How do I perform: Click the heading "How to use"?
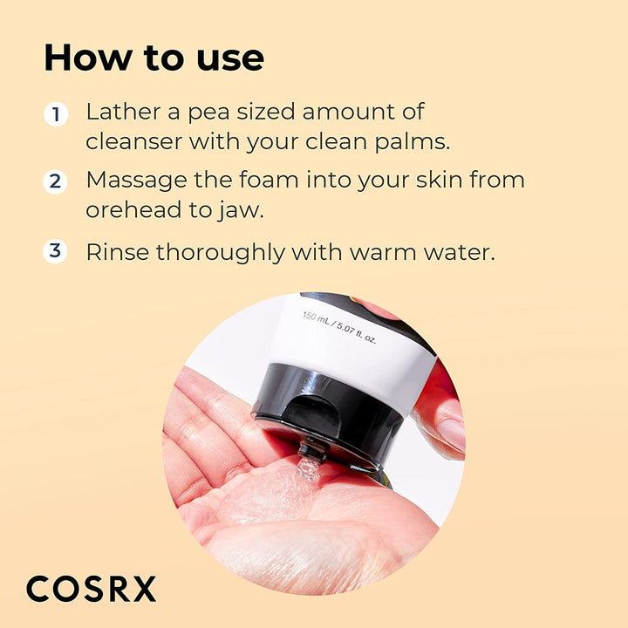click(x=154, y=58)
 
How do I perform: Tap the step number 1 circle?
click(x=57, y=114)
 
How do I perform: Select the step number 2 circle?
click(x=57, y=181)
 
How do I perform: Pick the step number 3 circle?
click(x=57, y=251)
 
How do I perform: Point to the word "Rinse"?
click(x=116, y=252)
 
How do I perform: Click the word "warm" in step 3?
click(x=386, y=253)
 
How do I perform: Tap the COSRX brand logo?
click(x=91, y=589)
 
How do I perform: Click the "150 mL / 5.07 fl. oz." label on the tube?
click(x=339, y=325)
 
